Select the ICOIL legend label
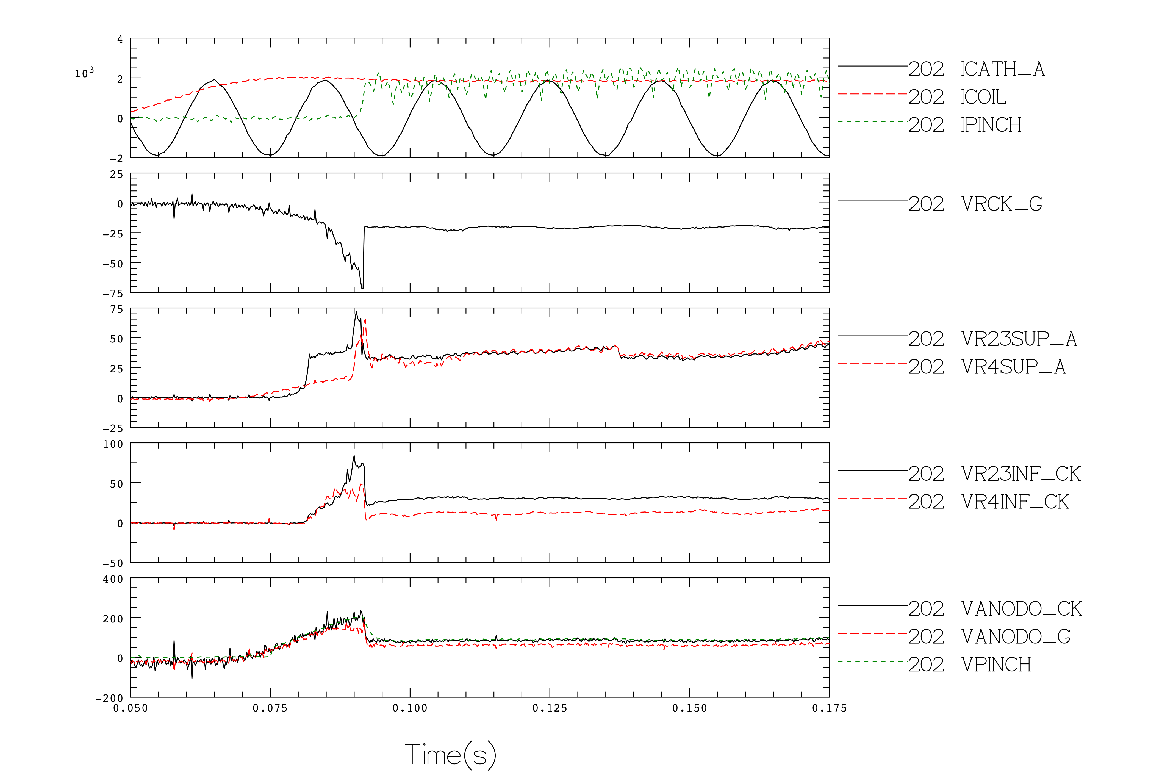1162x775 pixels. pyautogui.click(x=983, y=97)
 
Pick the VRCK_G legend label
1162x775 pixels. pyautogui.click(x=1002, y=204)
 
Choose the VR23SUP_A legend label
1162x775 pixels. pyautogui.click(x=1019, y=339)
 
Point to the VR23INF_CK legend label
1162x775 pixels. pyautogui.click(x=1021, y=474)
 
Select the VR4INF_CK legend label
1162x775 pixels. pyautogui.click(x=1015, y=502)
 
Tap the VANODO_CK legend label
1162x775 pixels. pyautogui.click(x=1022, y=608)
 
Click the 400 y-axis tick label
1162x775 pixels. pyautogui.click(x=113, y=579)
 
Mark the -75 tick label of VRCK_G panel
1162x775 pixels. pyautogui.click(x=113, y=294)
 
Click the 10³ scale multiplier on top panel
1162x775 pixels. pyautogui.click(x=84, y=73)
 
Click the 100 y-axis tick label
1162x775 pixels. pyautogui.click(x=113, y=444)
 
